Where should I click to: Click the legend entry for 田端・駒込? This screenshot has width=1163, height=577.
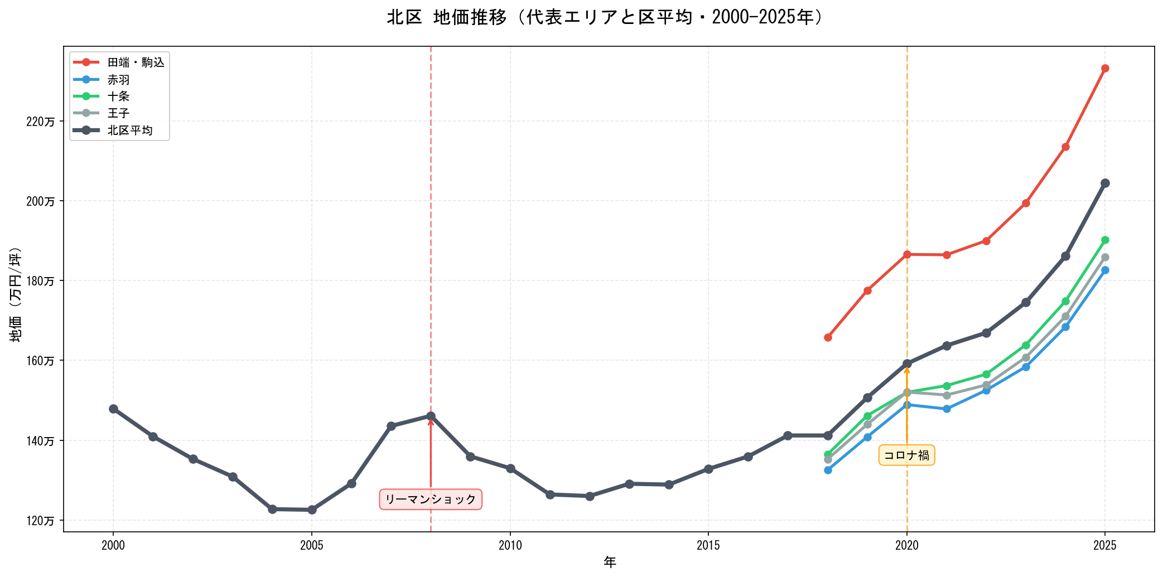coord(136,62)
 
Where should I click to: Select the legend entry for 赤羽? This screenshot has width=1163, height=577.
coord(118,80)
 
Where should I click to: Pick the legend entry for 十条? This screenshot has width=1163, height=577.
coord(118,96)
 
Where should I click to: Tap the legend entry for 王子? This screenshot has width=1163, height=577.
coord(118,113)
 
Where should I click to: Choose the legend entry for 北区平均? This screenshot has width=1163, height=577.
coord(129,130)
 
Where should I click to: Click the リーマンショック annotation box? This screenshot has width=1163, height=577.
coord(431,500)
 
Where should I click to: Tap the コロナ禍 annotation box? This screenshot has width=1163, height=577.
coord(906,455)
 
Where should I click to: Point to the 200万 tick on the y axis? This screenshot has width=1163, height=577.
coord(41,201)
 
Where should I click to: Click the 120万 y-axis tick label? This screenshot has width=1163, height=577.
coord(41,521)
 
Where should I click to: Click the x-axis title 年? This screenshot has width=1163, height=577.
coord(609,563)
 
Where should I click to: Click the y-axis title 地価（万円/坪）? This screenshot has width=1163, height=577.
coord(16,294)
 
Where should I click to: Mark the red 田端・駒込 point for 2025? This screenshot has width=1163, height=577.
coord(1105,69)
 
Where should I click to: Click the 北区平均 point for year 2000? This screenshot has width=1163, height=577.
coord(113,409)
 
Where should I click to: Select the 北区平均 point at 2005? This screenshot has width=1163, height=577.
coord(312,510)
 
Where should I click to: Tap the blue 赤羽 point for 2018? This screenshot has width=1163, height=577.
coord(828,470)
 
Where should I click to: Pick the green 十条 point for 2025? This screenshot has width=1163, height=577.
coord(1105,240)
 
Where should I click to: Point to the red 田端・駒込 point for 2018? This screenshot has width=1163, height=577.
coord(828,337)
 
